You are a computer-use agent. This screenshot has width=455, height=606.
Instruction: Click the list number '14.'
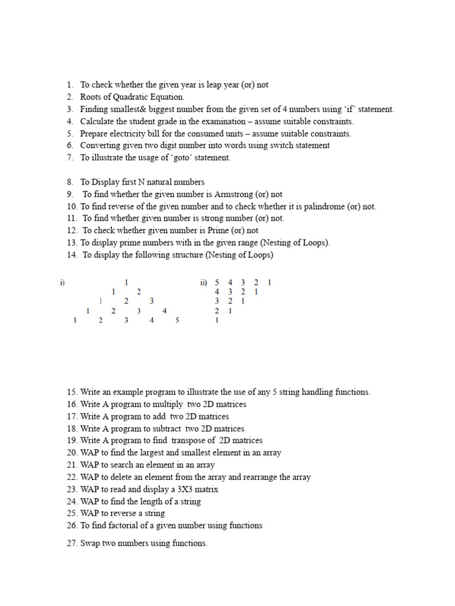point(72,255)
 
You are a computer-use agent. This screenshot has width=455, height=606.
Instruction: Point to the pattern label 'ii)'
point(204,283)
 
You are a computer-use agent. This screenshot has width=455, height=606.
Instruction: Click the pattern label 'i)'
point(62,283)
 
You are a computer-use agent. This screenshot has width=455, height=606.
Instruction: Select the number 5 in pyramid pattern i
point(177,320)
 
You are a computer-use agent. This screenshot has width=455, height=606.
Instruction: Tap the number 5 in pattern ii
point(217,283)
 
